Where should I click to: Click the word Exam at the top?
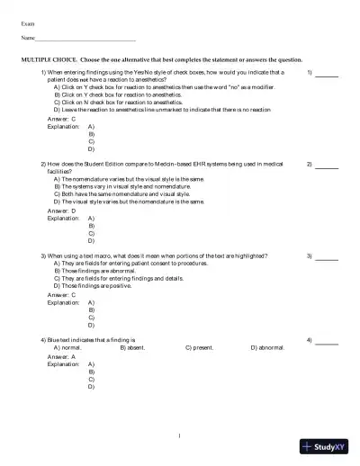[28, 22]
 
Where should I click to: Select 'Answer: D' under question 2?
[61, 211]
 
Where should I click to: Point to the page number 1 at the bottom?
[180, 436]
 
